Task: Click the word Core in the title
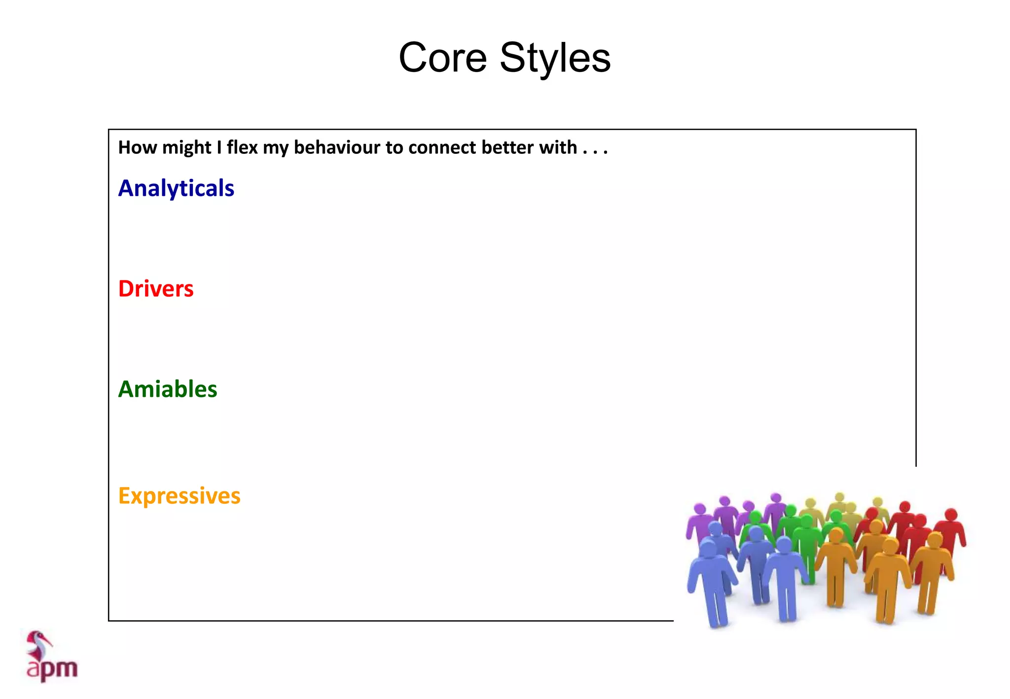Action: pyautogui.click(x=442, y=58)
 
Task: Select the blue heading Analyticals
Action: pyautogui.click(x=176, y=188)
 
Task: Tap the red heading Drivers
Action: pyautogui.click(x=156, y=289)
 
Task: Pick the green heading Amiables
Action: pyautogui.click(x=168, y=389)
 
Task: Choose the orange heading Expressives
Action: pyautogui.click(x=180, y=496)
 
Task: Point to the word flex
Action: pyautogui.click(x=242, y=147)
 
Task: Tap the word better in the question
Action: pyautogui.click(x=507, y=147)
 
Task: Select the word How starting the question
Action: pyautogui.click(x=138, y=147)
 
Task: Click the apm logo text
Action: pyautogui.click(x=52, y=669)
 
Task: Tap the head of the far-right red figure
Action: pyautogui.click(x=951, y=514)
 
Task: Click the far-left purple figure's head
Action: pyautogui.click(x=699, y=509)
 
